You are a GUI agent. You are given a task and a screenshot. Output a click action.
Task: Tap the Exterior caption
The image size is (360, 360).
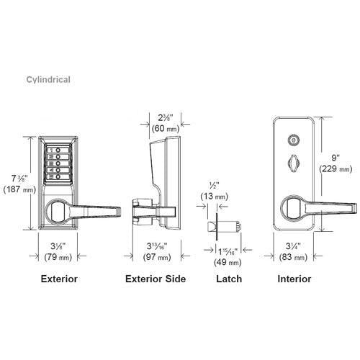[60, 278]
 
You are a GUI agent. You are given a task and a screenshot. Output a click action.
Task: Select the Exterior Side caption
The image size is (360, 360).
[155, 278]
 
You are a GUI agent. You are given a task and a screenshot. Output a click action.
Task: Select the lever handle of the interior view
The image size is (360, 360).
[317, 208]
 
